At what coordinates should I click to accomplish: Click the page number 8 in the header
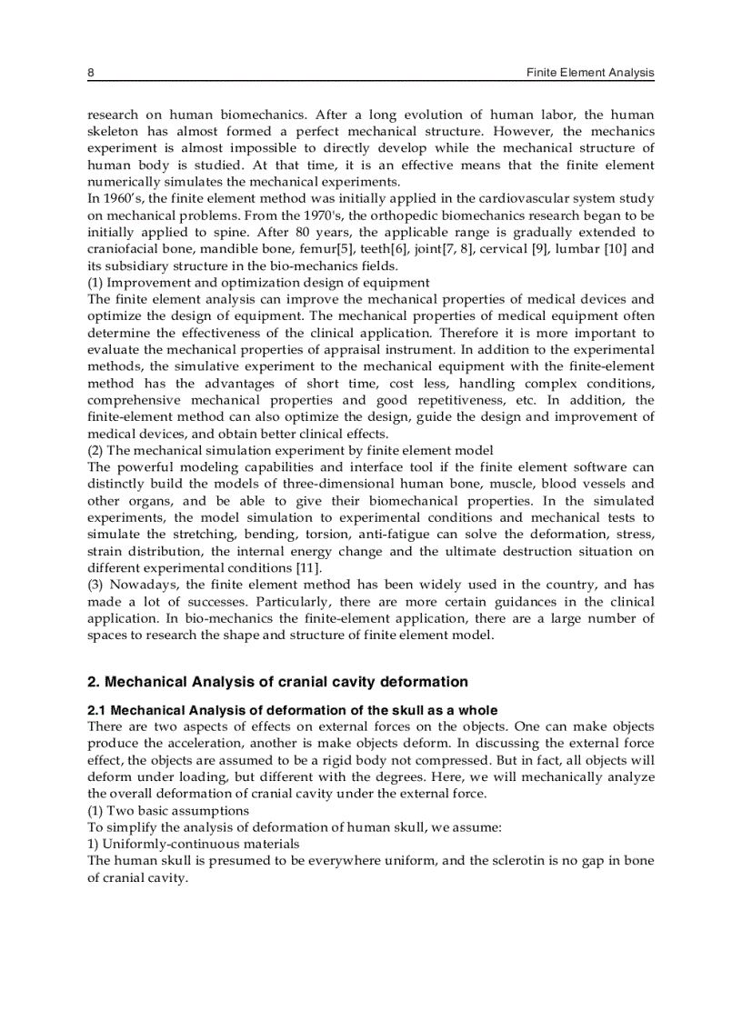[x=91, y=73]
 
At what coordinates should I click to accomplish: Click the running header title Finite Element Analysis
[x=590, y=73]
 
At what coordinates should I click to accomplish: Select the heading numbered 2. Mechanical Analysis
[x=277, y=682]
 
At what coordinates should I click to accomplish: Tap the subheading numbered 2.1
[x=292, y=710]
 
